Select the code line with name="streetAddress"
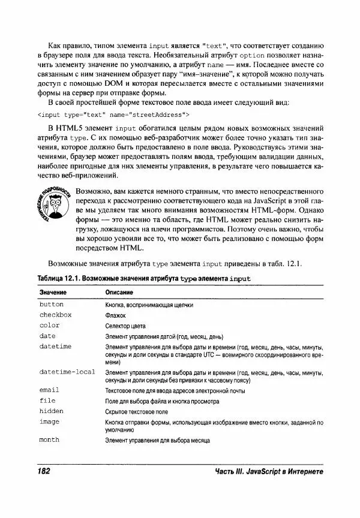point(113,114)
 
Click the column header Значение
point(53,292)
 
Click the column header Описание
point(119,292)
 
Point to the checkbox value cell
point(55,315)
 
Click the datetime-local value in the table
point(67,372)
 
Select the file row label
point(47,400)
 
